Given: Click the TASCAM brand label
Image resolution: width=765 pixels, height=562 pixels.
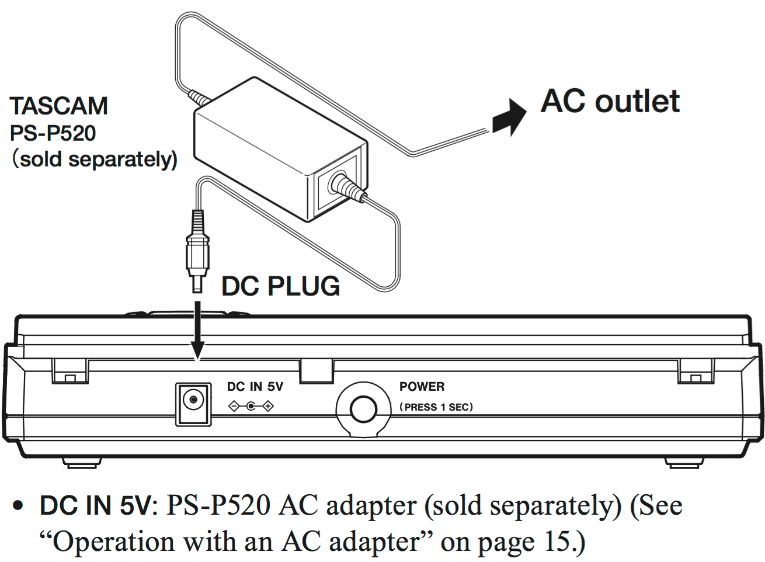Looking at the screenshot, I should [59, 106].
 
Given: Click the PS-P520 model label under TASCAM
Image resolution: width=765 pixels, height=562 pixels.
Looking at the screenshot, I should [53, 133].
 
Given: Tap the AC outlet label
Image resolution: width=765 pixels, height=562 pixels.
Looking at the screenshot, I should [610, 101].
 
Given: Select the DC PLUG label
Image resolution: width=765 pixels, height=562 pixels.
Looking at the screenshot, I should [281, 286].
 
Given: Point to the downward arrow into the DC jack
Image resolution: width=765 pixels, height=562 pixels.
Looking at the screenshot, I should [197, 330].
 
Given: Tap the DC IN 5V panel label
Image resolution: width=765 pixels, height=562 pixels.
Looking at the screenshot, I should [255, 387].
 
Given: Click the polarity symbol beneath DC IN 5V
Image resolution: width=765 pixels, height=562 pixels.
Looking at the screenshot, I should [251, 406].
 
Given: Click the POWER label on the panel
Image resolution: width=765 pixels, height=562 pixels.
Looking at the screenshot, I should [422, 387].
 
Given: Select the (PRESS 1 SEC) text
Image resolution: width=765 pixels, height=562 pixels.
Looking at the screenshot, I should [436, 407].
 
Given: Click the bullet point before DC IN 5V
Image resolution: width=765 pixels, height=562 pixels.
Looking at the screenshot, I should [19, 506].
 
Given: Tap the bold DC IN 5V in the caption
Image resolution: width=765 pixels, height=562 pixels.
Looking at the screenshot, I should [95, 506].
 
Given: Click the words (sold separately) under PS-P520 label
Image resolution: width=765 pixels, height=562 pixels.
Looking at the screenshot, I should [95, 159].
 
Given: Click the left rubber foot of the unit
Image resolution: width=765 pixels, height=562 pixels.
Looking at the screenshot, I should [81, 463].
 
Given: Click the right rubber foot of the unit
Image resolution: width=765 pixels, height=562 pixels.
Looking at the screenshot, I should [683, 463].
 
